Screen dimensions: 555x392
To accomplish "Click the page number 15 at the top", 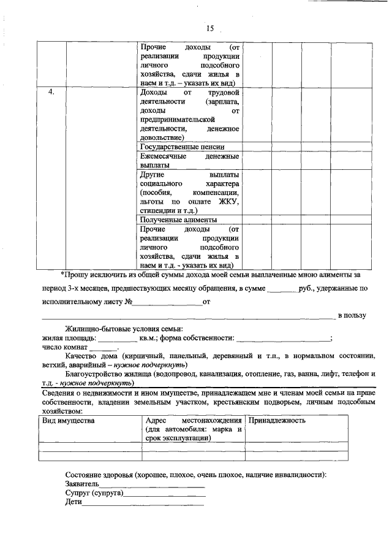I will [210, 28].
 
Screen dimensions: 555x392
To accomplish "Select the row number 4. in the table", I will [53, 92].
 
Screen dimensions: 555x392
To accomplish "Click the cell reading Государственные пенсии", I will [182, 147].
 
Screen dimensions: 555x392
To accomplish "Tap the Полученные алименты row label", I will [179, 219].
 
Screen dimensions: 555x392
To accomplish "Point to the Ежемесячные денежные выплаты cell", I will [189, 161].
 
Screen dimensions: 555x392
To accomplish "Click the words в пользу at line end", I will [352, 315].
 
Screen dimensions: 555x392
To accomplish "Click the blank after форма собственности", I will [282, 339].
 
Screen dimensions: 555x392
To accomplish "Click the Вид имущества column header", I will [68, 421].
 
